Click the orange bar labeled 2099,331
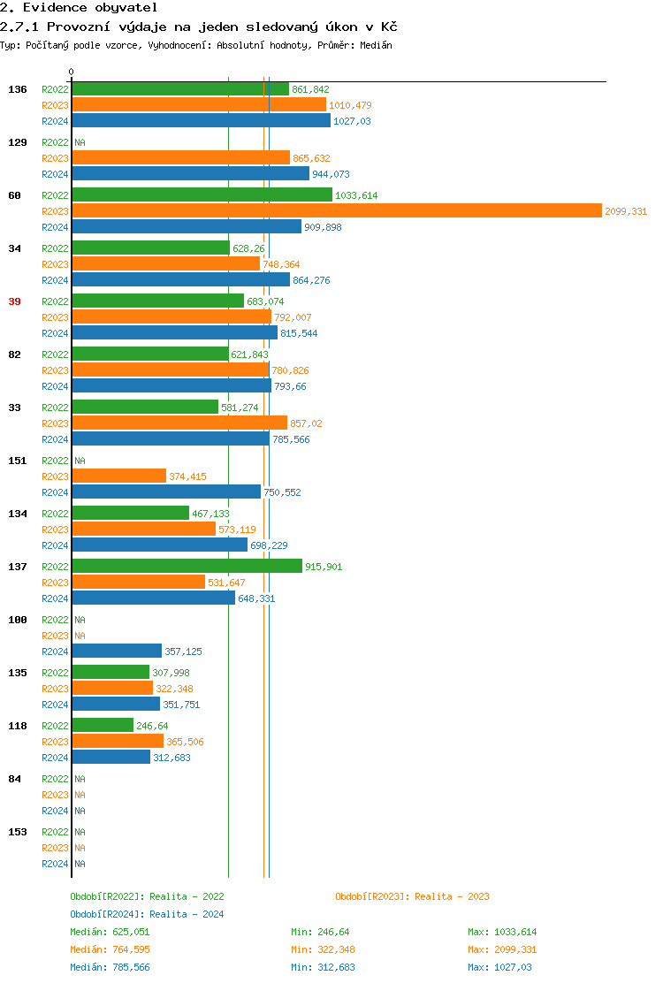tap(336, 211)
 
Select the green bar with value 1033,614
tap(202, 195)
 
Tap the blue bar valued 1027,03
tap(201, 121)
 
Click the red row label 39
tap(14, 301)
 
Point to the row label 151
tap(17, 461)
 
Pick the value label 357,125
tap(183, 652)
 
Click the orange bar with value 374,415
tap(118, 476)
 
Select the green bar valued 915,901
tap(187, 567)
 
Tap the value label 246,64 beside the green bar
tap(152, 726)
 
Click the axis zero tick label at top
tap(72, 72)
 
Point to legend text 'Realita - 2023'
tap(452, 896)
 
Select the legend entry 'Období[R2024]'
tap(108, 914)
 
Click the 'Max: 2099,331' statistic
tap(502, 949)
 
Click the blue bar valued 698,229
tap(159, 545)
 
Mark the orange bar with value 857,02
tap(179, 423)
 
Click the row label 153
tap(17, 832)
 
